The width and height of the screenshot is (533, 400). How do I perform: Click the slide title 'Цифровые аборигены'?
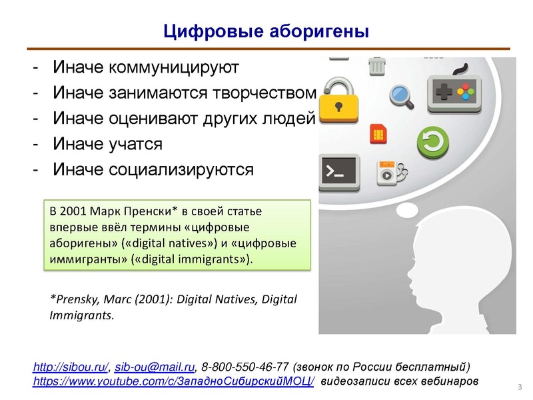[266, 31]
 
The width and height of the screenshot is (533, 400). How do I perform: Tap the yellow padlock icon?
[339, 101]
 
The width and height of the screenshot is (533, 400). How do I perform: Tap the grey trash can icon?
[376, 67]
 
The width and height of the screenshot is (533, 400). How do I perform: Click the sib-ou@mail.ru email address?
[155, 367]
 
